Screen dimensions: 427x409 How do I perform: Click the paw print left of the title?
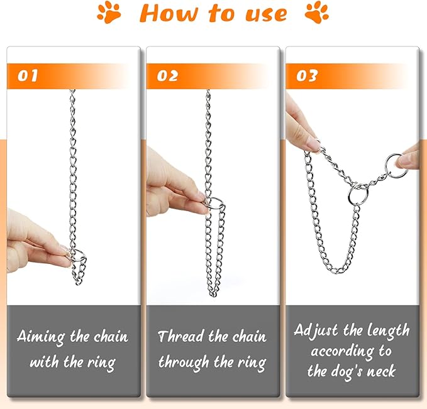pyautogui.click(x=109, y=13)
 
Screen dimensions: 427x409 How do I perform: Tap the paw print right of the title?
pyautogui.click(x=317, y=13)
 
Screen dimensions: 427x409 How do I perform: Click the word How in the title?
pyautogui.click(x=169, y=13)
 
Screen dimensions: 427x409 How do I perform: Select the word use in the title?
pyautogui.click(x=266, y=14)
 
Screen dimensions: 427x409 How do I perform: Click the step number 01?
pyautogui.click(x=28, y=75)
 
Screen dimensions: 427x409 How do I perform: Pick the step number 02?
pyautogui.click(x=167, y=75)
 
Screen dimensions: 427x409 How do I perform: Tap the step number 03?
pyautogui.click(x=307, y=75)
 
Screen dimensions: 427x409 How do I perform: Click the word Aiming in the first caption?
pyautogui.click(x=41, y=337)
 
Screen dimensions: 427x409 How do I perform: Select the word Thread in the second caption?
pyautogui.click(x=181, y=336)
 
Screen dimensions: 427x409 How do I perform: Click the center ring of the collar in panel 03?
pyautogui.click(x=349, y=196)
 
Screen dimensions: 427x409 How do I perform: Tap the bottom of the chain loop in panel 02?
pyautogui.click(x=213, y=295)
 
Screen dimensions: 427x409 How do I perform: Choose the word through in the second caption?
pyautogui.click(x=184, y=363)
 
